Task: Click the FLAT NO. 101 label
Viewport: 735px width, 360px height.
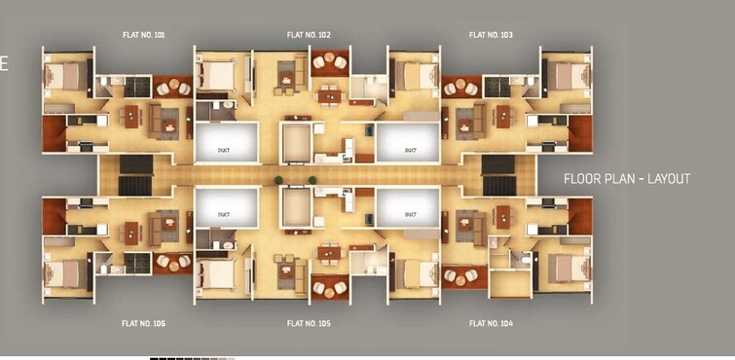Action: tap(143, 35)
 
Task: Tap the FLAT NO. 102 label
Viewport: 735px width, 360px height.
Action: tap(309, 35)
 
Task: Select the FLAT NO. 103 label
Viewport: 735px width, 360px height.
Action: tap(491, 35)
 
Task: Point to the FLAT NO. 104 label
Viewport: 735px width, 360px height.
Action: tap(491, 323)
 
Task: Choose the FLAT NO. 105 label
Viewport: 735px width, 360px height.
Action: tap(309, 323)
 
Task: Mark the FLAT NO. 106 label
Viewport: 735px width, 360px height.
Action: tap(143, 323)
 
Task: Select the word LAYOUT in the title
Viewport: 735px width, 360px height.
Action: tap(670, 179)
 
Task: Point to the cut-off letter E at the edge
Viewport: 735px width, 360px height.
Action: tap(4, 65)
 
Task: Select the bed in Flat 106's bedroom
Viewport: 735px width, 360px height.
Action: tap(66, 274)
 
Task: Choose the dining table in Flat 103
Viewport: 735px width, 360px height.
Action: tap(503, 117)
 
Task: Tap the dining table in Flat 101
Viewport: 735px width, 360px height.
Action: tap(131, 117)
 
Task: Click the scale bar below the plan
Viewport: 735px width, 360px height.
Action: tap(192, 358)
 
